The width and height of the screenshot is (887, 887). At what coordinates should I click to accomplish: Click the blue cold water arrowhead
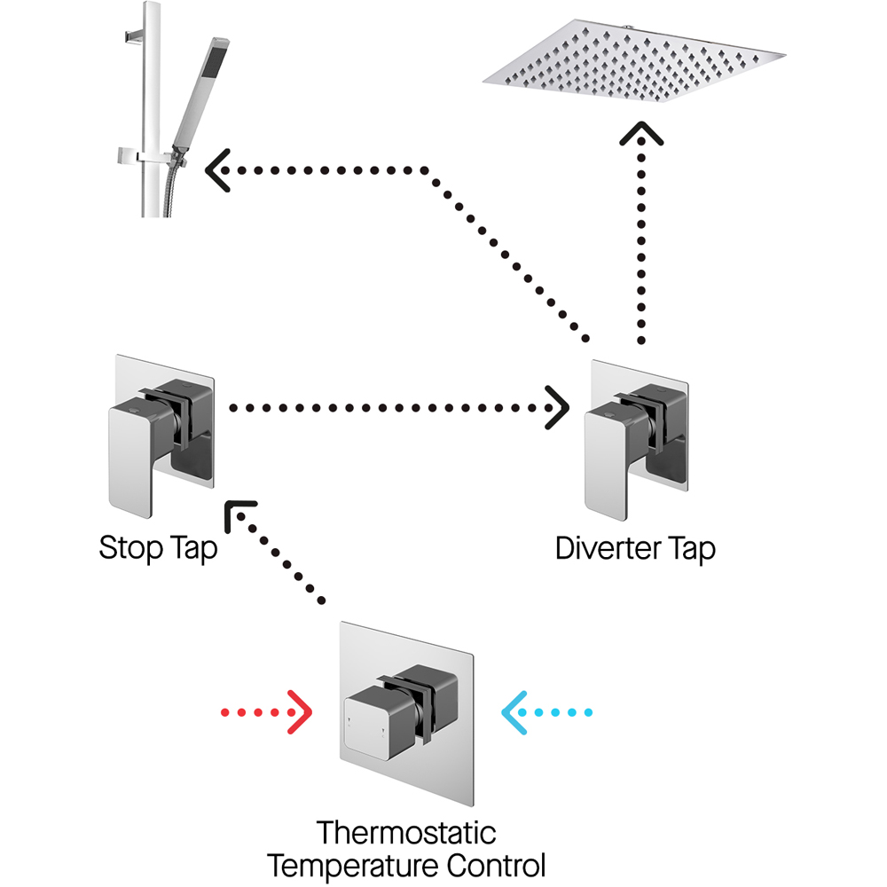tap(513, 711)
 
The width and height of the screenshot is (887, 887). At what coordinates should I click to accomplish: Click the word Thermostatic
tap(406, 834)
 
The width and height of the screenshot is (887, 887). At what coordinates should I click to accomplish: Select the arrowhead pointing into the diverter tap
tap(559, 408)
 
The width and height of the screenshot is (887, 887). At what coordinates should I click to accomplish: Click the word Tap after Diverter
tap(694, 549)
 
